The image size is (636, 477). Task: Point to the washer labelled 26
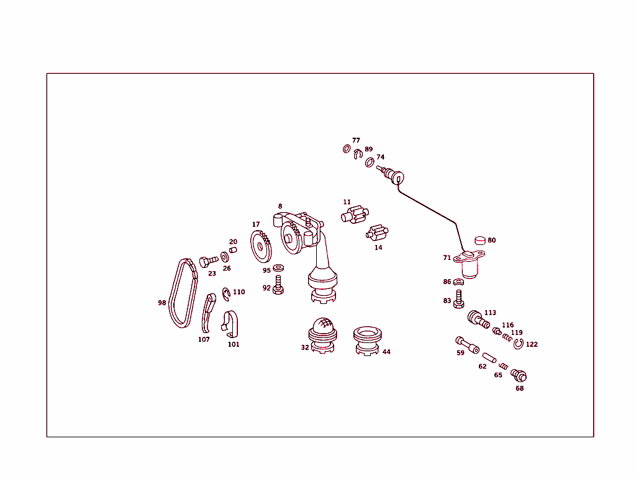[224, 257]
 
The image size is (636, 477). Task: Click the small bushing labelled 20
[234, 250]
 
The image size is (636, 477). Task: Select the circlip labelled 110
[227, 292]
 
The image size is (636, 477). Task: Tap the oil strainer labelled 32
[323, 335]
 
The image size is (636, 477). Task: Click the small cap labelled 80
[479, 241]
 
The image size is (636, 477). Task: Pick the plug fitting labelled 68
[519, 375]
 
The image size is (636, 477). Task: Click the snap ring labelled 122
[519, 344]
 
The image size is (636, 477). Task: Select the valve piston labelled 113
[478, 319]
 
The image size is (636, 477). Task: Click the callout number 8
[280, 206]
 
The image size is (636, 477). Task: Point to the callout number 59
[460, 353]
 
